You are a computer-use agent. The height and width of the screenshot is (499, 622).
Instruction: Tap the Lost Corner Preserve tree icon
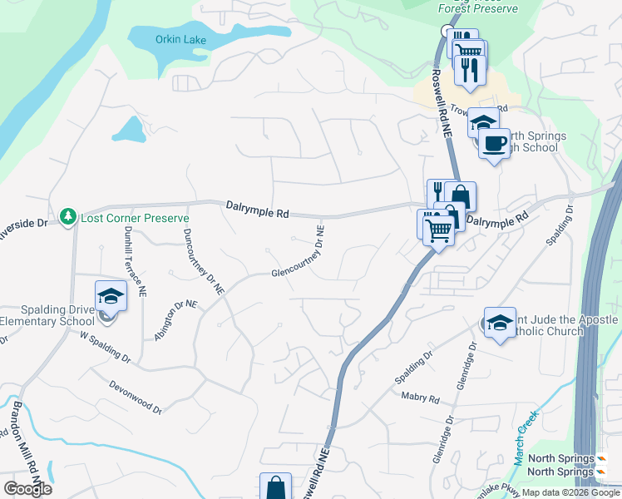(x=67, y=217)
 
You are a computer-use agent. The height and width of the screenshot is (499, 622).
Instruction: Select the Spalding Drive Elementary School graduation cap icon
(x=110, y=296)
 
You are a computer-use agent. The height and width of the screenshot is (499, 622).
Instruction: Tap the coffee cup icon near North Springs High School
(x=495, y=142)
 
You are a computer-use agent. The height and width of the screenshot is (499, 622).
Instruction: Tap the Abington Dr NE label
(x=175, y=321)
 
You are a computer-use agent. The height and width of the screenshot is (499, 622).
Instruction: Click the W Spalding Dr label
(x=106, y=349)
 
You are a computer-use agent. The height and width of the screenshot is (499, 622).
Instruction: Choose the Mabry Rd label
(x=419, y=398)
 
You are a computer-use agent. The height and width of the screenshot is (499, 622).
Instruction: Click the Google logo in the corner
(x=27, y=489)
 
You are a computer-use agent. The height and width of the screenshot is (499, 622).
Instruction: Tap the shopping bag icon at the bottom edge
(x=275, y=487)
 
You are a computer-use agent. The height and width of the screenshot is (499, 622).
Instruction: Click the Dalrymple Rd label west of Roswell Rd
(x=257, y=210)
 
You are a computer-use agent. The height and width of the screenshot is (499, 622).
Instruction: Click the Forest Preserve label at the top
(x=478, y=8)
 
